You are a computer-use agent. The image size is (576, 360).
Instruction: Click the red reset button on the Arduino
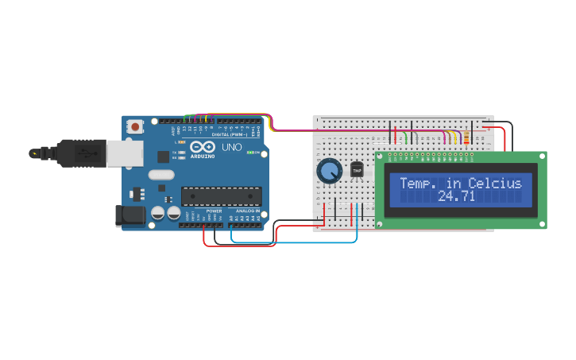pos(136,126)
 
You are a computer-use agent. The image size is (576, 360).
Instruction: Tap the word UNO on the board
pos(231,147)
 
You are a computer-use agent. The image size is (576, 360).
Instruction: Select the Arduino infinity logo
pos(203,147)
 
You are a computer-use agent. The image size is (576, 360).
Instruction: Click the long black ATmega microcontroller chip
pos(221,195)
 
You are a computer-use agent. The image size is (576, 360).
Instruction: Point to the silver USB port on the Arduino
pos(124,153)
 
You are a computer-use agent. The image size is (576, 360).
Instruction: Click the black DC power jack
pos(130,215)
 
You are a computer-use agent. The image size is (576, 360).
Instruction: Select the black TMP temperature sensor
pos(357,170)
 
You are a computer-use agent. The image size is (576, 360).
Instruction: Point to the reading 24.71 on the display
pos(456,196)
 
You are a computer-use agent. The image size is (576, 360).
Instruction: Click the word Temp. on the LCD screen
pos(421,184)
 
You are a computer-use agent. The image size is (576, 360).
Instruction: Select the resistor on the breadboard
pos(466,138)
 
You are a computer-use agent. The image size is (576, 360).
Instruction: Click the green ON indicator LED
pos(250,152)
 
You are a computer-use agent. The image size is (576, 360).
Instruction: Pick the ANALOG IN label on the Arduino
pos(247,211)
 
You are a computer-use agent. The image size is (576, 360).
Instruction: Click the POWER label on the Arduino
pos(214,211)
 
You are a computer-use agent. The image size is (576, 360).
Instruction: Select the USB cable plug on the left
pos(75,153)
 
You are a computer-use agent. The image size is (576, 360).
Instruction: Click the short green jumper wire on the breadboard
pos(407,138)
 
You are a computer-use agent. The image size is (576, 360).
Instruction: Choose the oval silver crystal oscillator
pos(160,175)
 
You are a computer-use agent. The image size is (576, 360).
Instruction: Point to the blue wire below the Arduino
pos(294,242)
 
